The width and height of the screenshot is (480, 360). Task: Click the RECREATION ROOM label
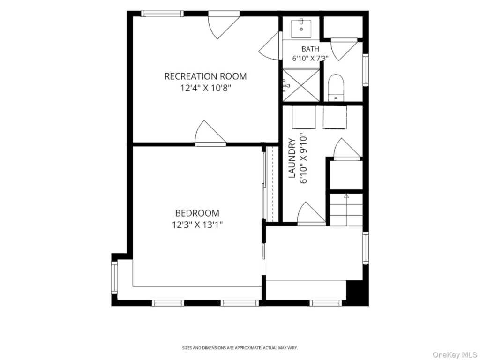click(x=205, y=76)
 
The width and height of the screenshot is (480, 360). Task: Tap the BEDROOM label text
click(x=197, y=213)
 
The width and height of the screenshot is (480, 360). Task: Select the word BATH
click(x=310, y=49)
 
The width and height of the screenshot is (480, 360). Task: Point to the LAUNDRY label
click(x=292, y=158)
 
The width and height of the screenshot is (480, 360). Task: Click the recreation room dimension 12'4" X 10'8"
click(x=205, y=89)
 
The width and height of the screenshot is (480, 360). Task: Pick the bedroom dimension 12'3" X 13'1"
click(x=197, y=225)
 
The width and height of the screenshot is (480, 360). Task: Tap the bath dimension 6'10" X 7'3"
click(x=310, y=58)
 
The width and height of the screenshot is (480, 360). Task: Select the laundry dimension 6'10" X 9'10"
click(x=303, y=158)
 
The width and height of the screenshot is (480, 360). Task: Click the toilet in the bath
click(x=336, y=88)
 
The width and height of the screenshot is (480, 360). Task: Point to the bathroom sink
click(x=301, y=29)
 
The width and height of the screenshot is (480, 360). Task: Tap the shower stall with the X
click(x=301, y=85)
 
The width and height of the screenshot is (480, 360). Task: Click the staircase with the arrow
click(x=346, y=210)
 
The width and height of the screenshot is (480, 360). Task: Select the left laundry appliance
click(x=304, y=117)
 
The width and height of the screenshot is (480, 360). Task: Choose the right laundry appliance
click(x=335, y=117)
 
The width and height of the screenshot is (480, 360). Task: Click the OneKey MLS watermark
click(x=455, y=354)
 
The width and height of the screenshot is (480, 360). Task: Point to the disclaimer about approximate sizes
click(x=240, y=348)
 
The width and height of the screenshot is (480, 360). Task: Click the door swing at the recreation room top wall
click(x=224, y=26)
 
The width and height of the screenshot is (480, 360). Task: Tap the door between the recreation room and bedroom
click(x=210, y=133)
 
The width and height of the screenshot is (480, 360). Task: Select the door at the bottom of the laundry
click(x=311, y=213)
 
